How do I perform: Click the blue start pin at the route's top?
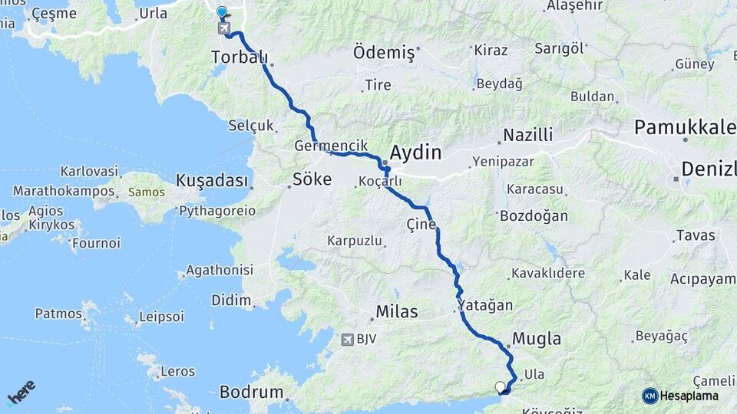[222, 12]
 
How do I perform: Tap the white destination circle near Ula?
[501, 387]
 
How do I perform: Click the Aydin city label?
[415, 152]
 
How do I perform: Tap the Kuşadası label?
[213, 181]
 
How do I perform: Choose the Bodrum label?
[251, 392]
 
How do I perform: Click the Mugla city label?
[536, 339]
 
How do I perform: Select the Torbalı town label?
[240, 57]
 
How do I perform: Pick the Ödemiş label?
[384, 54]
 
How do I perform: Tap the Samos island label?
[146, 192]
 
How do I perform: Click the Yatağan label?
[485, 305]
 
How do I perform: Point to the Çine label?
[421, 225]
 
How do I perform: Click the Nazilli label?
[527, 136]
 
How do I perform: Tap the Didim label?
[232, 300]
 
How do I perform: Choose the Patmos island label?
[58, 314]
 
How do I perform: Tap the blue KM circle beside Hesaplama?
[649, 396]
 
